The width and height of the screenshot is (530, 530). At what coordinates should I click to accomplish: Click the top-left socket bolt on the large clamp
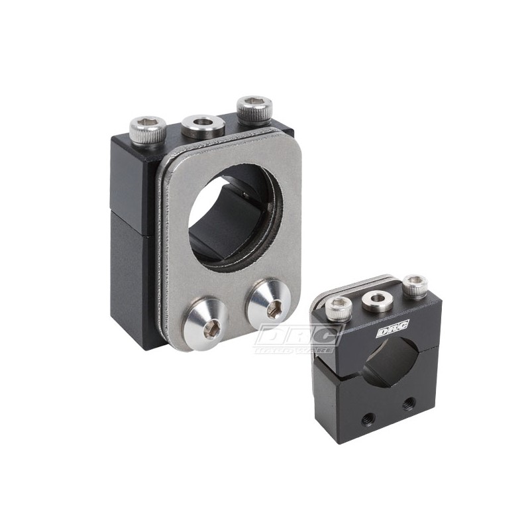coord(148,127)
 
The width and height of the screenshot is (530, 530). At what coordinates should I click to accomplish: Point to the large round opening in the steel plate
coord(237,212)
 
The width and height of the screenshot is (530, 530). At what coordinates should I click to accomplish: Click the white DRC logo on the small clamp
coord(393,327)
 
